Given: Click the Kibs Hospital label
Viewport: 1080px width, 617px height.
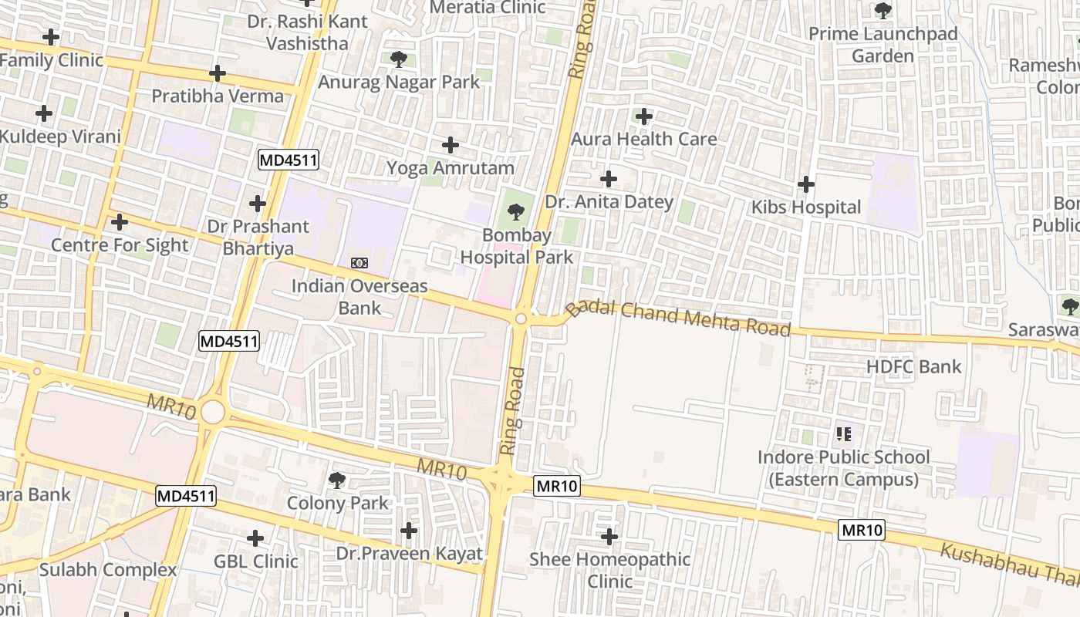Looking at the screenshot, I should tap(806, 207).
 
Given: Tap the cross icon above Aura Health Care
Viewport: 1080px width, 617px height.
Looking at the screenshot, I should tap(643, 116).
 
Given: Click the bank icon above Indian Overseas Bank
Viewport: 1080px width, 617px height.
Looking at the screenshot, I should tap(359, 263).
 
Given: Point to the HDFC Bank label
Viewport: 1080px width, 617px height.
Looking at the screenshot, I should tap(914, 366).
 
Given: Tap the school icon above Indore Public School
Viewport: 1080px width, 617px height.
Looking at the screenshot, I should tap(843, 434).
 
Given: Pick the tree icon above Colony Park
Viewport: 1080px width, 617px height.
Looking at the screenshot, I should tap(337, 480).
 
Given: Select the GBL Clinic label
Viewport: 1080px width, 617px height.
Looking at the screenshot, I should tap(256, 561).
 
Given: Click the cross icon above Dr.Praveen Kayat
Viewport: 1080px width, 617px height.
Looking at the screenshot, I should tap(409, 531).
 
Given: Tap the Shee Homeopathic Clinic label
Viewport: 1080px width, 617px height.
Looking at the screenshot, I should tap(609, 570).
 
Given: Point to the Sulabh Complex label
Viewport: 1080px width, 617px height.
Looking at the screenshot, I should tap(108, 570).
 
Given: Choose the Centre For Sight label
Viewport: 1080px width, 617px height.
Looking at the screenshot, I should tap(120, 244).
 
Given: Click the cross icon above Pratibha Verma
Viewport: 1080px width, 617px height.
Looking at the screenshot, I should tap(218, 73).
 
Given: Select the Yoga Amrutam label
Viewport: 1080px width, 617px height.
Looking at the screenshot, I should tap(450, 167).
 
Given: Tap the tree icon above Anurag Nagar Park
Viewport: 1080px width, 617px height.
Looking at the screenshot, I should tap(399, 59).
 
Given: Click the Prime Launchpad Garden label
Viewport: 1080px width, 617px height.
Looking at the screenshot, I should tap(883, 45).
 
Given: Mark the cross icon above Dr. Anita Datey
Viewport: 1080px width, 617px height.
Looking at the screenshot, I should tap(609, 179).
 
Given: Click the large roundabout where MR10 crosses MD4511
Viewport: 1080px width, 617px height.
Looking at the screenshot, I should tap(213, 412).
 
